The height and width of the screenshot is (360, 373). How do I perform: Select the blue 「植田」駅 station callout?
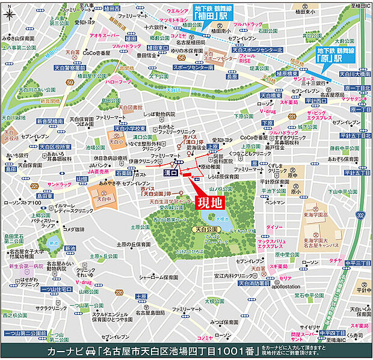pos(211,13)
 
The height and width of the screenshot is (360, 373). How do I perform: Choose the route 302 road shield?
pos(360,215)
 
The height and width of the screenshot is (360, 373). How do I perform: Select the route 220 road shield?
pos(119,293)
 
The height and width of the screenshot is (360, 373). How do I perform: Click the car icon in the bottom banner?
pos(90,350)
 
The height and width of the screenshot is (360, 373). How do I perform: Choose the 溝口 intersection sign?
pos(170,172)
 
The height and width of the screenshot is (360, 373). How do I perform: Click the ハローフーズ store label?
pos(119,81)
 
